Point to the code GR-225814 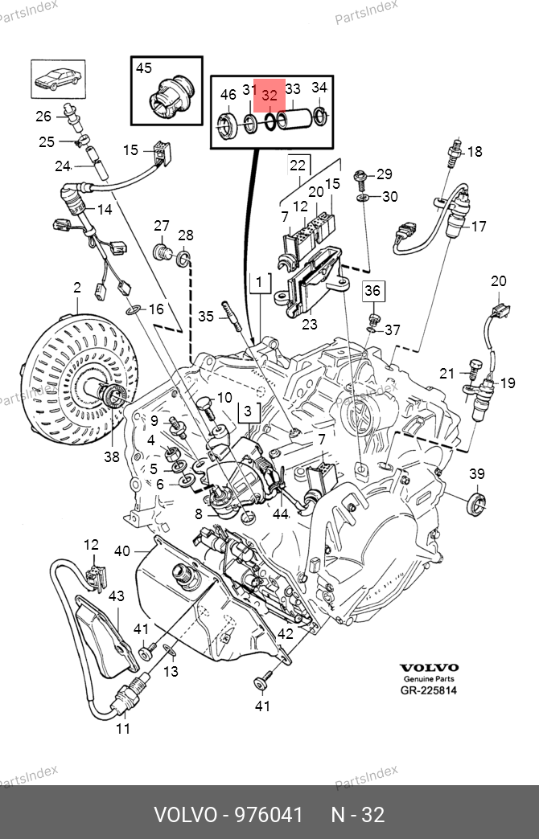tap(429, 690)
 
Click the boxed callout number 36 tap(372, 290)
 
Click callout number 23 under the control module tap(309, 325)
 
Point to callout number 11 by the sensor tap(122, 729)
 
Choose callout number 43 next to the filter tap(117, 596)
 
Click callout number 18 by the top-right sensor tap(475, 151)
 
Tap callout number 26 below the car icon tap(43, 116)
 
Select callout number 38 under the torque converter tap(111, 456)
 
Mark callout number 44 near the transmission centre tap(280, 514)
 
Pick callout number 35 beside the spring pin tap(206, 316)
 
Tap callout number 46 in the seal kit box tap(228, 95)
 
